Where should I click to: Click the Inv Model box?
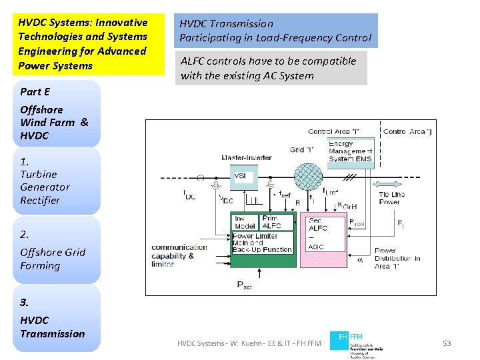point(245,222)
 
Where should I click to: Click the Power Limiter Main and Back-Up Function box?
point(262,243)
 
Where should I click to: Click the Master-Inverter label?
point(247,158)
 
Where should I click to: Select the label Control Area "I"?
point(333,132)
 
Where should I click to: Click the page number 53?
point(447,343)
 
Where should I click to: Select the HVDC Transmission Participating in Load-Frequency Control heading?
point(275,31)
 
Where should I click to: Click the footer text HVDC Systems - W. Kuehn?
point(249,343)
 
